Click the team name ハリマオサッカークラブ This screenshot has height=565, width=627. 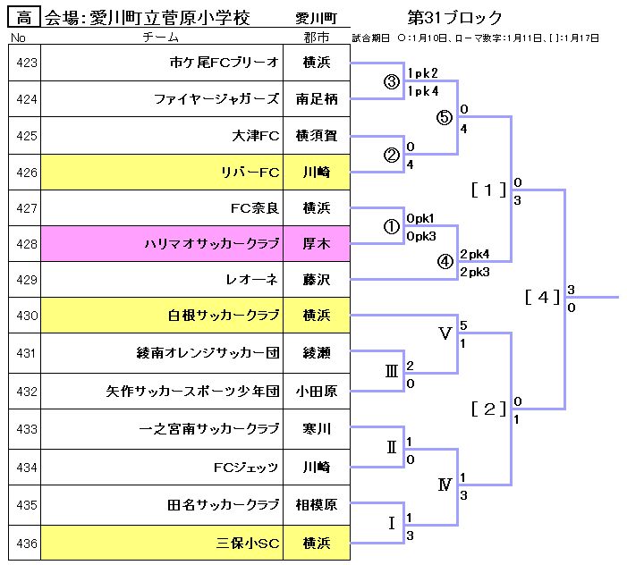(x=212, y=243)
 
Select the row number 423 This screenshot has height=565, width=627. (x=25, y=63)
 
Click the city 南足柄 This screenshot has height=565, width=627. (x=317, y=99)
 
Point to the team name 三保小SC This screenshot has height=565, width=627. (x=249, y=543)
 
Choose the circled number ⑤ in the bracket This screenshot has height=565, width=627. (x=445, y=117)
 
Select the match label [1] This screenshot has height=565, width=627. (x=488, y=190)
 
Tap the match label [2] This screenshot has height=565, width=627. (x=488, y=409)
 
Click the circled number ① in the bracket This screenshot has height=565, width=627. (x=391, y=226)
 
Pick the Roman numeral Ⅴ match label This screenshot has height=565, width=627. (x=445, y=333)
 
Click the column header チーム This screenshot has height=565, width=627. (x=161, y=38)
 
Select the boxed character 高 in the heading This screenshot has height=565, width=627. (x=23, y=18)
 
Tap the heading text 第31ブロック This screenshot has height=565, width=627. (x=454, y=18)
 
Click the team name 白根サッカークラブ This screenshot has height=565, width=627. (x=224, y=315)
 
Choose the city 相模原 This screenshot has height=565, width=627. (x=317, y=505)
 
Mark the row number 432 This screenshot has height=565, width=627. (x=25, y=391)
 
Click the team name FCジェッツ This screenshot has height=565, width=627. (x=246, y=467)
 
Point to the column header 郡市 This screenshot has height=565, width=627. (x=317, y=38)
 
